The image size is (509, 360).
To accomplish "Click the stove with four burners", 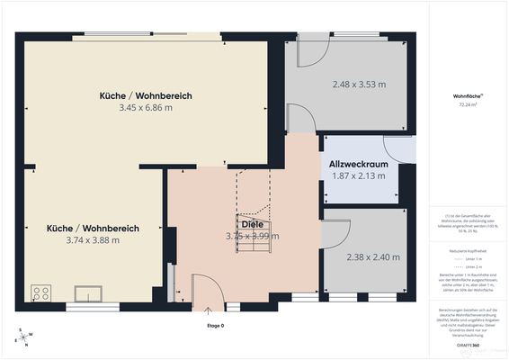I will (x=40, y=292).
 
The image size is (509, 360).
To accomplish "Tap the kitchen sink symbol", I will (x=89, y=292).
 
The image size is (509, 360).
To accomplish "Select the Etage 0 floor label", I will (x=215, y=325).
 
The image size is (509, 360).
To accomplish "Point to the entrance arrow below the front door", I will (x=209, y=311).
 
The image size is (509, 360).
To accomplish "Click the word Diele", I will (x=252, y=223).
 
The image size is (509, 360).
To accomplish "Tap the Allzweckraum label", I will (x=357, y=164).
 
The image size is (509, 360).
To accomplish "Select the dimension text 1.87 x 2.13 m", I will (x=357, y=176).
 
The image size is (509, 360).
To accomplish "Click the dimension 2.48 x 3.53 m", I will (x=358, y=85).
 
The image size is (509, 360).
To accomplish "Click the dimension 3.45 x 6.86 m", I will (x=145, y=108).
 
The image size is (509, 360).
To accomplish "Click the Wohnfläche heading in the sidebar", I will (x=468, y=94).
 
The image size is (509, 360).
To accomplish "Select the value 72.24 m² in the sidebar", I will (x=468, y=104).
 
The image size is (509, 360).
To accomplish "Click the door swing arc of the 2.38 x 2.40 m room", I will (x=334, y=235).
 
